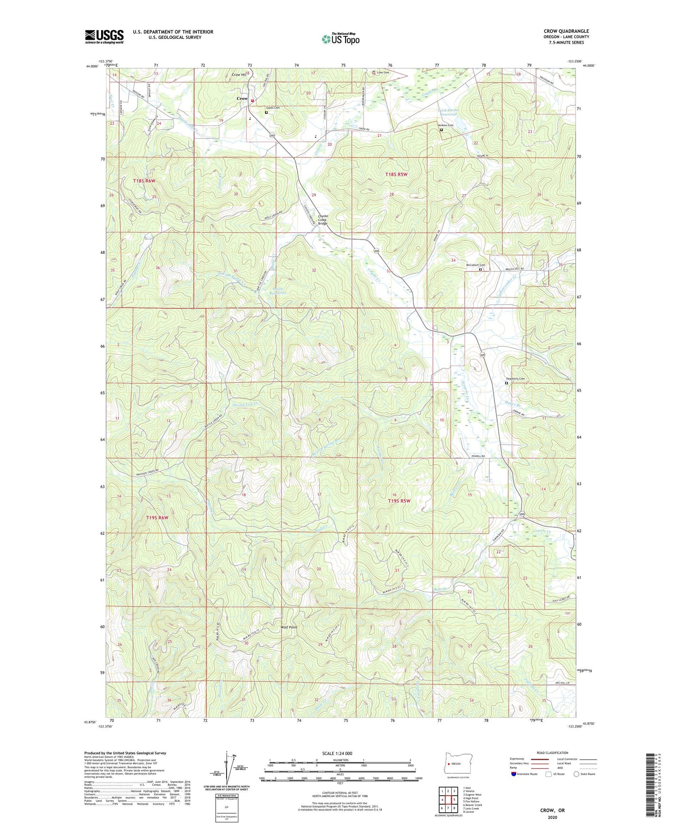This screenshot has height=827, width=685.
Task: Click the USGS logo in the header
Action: (104, 36)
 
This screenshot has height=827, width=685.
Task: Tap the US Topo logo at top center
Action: (340, 38)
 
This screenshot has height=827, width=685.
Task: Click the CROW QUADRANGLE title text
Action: (566, 31)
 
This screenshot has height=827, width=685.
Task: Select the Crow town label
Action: (242, 99)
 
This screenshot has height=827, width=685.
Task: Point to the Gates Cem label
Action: (273, 108)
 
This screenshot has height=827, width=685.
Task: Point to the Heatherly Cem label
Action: (515, 378)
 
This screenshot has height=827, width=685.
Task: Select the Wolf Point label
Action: (289, 627)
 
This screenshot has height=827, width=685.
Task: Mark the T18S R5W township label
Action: (396, 174)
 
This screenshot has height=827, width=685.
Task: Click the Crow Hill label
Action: (239, 75)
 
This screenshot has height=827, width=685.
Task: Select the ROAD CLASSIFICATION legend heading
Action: (552, 753)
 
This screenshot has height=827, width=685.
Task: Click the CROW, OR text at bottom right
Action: (552, 810)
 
